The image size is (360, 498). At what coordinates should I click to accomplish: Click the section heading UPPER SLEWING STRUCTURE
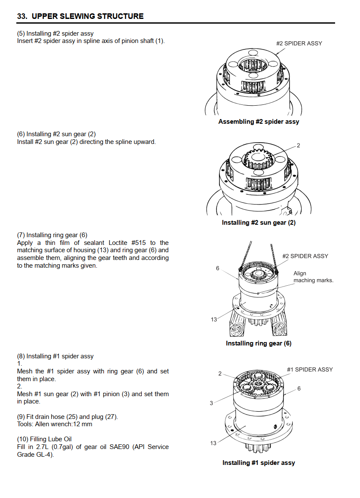coord(88,16)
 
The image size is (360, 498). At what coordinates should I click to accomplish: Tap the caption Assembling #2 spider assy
coord(259,122)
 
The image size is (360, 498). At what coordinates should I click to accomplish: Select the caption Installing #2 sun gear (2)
coord(259,223)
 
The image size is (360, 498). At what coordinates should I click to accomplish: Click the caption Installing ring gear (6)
coord(259,343)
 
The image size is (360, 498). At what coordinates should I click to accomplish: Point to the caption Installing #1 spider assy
coord(259,463)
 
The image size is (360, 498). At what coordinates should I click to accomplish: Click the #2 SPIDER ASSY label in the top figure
coord(299,43)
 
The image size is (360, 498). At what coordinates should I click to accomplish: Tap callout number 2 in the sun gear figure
coord(299,146)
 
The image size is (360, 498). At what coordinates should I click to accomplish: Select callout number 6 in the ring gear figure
coord(217,269)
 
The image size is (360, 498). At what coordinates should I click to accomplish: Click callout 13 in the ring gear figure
coord(214,320)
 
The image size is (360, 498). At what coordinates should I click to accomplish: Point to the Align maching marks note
coord(313,277)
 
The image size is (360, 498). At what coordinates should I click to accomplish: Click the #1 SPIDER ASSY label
coord(310,370)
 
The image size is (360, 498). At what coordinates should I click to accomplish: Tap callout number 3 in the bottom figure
coord(211,403)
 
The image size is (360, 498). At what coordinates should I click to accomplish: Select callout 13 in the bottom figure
coord(214,443)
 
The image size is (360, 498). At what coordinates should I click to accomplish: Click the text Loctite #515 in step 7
coord(127,243)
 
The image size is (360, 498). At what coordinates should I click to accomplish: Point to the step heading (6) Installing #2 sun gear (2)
coord(57,134)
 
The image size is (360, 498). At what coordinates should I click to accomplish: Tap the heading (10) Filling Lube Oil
coord(44,439)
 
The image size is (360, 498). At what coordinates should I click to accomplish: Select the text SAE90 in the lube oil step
coord(119,447)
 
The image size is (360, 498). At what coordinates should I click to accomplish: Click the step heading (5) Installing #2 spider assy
coord(55,34)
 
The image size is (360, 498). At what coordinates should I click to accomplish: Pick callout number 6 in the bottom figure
coord(299,388)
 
